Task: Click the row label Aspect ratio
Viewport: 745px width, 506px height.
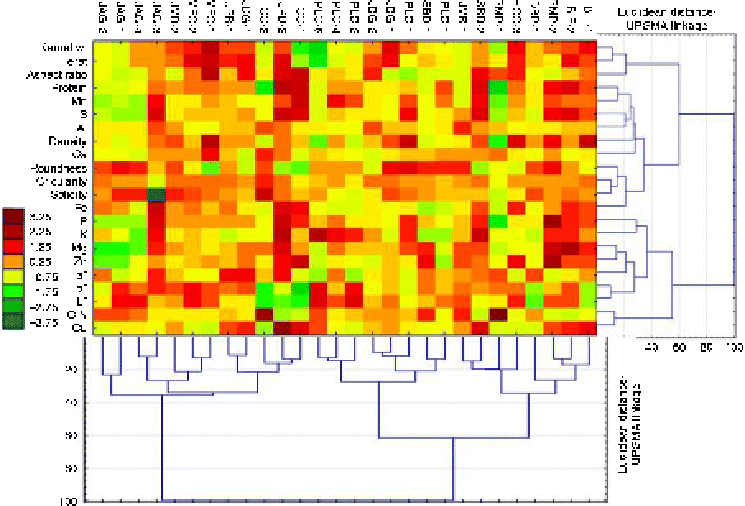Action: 63,74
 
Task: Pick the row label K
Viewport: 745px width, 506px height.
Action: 83,234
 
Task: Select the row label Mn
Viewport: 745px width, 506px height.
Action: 81,101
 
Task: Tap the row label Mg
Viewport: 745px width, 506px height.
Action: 81,247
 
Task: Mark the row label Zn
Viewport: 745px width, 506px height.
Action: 81,260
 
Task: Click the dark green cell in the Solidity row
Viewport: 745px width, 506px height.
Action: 155,195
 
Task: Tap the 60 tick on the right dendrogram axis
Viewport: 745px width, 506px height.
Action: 680,347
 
